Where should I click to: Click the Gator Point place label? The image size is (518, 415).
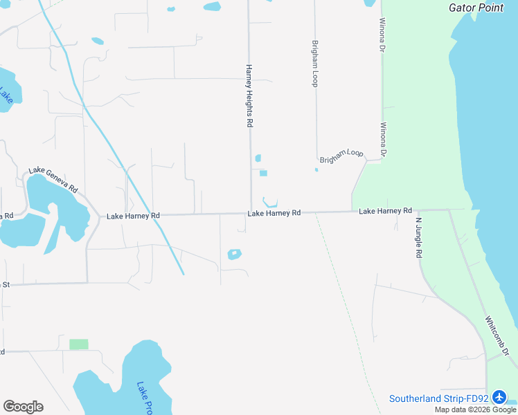pyautogui.click(x=476, y=8)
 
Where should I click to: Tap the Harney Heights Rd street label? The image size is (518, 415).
pyautogui.click(x=249, y=96)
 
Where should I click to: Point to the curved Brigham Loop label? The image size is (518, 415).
pyautogui.click(x=341, y=155)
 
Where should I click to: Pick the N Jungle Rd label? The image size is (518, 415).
pyautogui.click(x=418, y=238)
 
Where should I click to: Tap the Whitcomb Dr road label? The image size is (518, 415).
pyautogui.click(x=497, y=337)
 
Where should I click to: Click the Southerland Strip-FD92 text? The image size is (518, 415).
pyautogui.click(x=439, y=398)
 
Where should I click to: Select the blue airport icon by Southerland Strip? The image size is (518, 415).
pyautogui.click(x=501, y=398)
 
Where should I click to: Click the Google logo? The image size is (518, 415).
pyautogui.click(x=23, y=407)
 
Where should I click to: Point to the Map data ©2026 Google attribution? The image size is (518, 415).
pyautogui.click(x=476, y=409)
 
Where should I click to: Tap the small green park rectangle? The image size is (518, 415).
pyautogui.click(x=79, y=344)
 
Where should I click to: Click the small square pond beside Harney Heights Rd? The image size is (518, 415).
pyautogui.click(x=263, y=173)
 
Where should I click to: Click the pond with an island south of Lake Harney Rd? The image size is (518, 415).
pyautogui.click(x=235, y=255)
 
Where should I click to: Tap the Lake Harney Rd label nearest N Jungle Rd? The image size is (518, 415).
pyautogui.click(x=385, y=210)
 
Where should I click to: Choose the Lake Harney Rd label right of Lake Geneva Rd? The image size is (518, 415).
pyautogui.click(x=133, y=216)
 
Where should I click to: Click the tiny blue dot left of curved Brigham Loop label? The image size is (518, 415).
pyautogui.click(x=316, y=169)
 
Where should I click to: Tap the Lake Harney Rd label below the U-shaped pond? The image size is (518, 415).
pyautogui.click(x=274, y=213)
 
